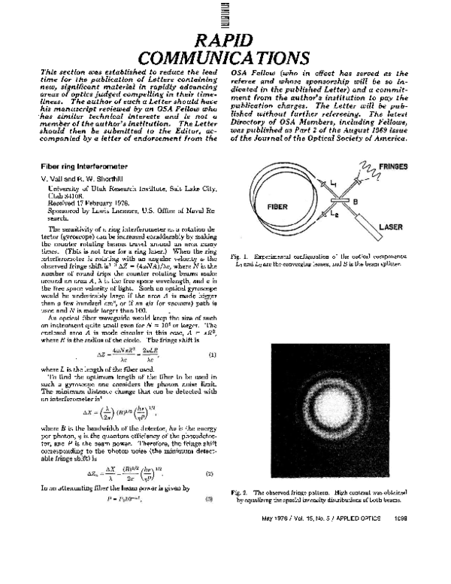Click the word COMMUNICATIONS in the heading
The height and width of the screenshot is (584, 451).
225,57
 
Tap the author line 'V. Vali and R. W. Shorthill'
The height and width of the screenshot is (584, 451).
84,177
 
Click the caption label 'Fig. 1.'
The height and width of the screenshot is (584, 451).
240,257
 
